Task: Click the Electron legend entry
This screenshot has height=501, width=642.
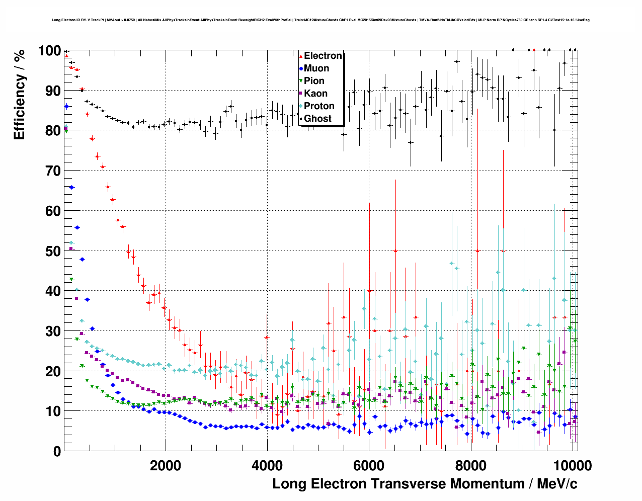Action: (323, 56)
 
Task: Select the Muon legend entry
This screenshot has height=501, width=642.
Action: (316, 68)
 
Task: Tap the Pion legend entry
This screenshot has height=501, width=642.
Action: (314, 81)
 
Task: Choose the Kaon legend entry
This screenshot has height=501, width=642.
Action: (315, 94)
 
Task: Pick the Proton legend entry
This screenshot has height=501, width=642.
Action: (319, 106)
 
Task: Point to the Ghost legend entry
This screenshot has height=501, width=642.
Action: (317, 119)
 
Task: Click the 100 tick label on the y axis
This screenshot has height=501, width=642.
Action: (49, 51)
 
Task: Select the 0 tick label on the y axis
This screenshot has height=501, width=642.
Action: (56, 451)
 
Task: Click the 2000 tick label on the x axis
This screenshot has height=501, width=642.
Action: (166, 466)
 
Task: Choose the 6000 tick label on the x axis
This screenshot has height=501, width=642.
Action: (369, 466)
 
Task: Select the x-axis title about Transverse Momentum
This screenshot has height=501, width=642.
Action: (425, 484)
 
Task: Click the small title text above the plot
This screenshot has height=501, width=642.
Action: (320, 20)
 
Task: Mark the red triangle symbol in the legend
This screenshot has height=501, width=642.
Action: (301, 56)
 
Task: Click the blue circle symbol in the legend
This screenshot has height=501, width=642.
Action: (301, 68)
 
